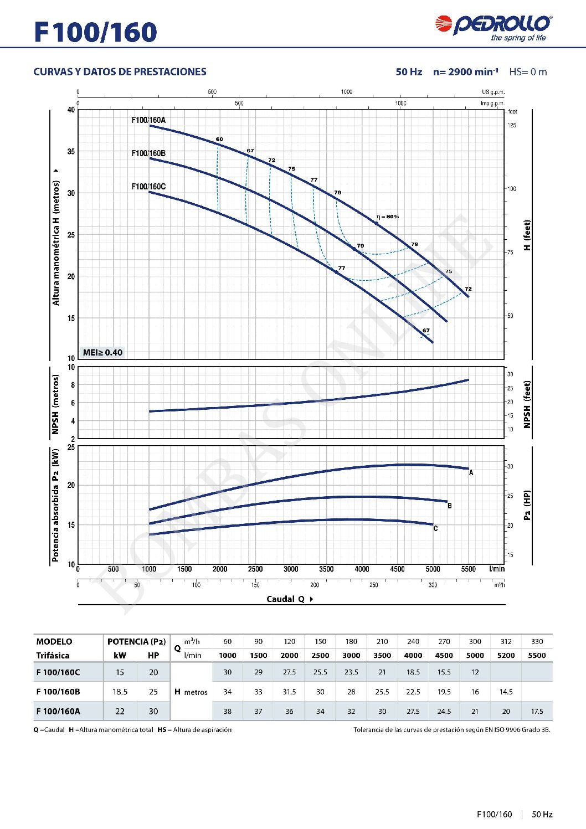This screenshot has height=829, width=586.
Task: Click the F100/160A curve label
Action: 148,120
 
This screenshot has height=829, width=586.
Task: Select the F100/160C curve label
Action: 148,186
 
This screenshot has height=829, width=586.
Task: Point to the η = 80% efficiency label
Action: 388,217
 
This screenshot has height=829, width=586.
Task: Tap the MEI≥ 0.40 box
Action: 102,352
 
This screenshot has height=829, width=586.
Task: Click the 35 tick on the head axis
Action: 71,151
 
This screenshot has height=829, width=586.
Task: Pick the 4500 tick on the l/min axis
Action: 397,569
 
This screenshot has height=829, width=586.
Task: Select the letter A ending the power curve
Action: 471,473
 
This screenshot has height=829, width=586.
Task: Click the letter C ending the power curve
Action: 435,528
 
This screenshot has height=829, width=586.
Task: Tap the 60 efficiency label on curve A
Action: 219,140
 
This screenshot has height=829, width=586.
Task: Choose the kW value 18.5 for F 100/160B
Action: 120,692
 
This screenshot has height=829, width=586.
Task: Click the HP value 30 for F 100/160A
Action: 153,711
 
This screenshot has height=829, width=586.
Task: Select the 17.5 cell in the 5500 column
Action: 537,711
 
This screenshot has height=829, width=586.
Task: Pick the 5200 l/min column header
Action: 506,655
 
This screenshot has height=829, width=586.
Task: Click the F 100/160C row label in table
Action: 58,672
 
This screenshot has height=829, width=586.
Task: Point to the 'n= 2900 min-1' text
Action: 465,72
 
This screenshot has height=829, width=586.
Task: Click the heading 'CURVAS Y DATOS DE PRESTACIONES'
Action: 120,72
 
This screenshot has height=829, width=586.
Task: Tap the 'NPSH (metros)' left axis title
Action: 55,404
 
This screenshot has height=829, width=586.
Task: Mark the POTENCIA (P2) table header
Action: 136,641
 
